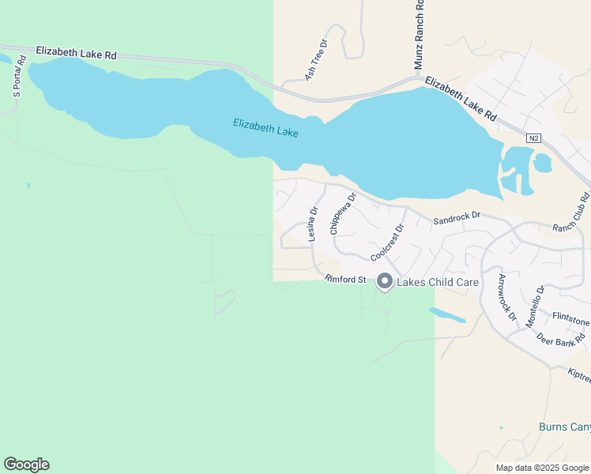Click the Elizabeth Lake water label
tap(265, 127)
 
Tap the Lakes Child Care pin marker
tap(385, 281)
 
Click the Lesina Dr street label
tap(313, 224)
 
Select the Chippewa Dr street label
tap(343, 213)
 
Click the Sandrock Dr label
tap(457, 216)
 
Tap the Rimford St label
tap(345, 279)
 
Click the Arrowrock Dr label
tap(506, 297)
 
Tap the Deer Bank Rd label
tap(561, 337)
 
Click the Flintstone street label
tap(570, 322)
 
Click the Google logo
tap(26, 465)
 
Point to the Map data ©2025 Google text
tap(542, 468)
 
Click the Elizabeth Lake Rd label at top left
tap(76, 54)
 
